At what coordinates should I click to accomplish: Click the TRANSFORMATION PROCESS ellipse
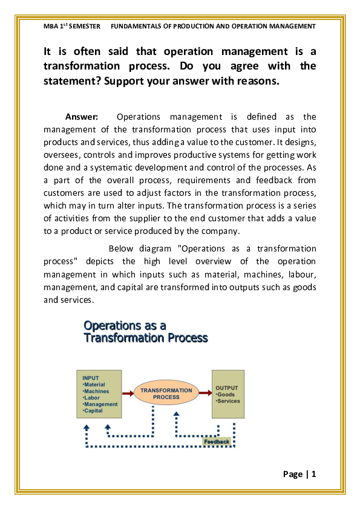click(166, 394)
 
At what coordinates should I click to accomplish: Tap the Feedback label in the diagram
click(217, 441)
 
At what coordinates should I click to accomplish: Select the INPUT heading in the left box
click(91, 378)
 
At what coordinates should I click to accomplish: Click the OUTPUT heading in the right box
click(227, 388)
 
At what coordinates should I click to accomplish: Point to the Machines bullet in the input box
click(96, 391)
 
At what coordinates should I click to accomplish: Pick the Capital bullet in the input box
click(93, 410)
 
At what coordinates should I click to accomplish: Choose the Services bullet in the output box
click(227, 401)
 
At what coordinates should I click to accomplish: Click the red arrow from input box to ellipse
click(128, 394)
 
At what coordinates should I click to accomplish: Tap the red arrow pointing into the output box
click(205, 393)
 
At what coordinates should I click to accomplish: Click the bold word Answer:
click(82, 117)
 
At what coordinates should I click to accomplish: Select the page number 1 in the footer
click(313, 475)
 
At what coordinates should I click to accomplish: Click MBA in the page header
click(51, 26)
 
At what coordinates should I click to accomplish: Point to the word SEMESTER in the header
click(85, 26)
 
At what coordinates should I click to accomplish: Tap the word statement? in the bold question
click(73, 81)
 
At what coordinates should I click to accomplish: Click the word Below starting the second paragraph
click(121, 248)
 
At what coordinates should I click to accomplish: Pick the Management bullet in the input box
click(100, 404)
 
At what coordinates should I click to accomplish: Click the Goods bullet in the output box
click(225, 394)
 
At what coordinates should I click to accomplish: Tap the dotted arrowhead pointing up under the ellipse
click(177, 414)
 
